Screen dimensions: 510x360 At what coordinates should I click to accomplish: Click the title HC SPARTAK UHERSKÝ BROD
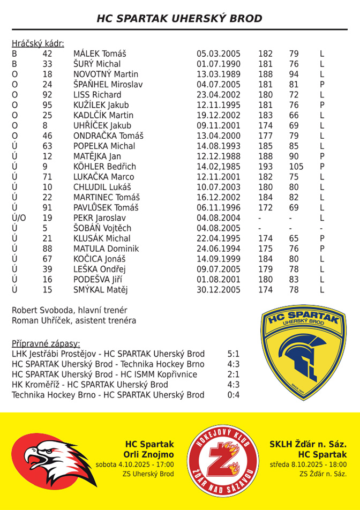[x=179, y=19]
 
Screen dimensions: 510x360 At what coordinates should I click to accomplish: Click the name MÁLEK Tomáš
[x=100, y=54]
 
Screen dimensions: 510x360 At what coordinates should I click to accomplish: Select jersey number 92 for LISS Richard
[x=48, y=95]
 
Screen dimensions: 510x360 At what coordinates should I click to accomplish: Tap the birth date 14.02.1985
[x=219, y=167]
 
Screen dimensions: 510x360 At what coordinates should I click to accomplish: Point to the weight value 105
[x=296, y=167]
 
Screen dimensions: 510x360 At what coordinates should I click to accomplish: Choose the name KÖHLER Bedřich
[x=104, y=167]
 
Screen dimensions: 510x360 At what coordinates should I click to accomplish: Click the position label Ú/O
[x=19, y=218]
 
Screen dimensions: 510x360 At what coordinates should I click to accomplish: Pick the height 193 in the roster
[x=265, y=167]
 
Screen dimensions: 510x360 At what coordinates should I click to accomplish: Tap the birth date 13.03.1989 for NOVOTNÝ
[x=219, y=74]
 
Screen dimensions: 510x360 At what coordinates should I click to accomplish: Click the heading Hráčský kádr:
[x=38, y=43]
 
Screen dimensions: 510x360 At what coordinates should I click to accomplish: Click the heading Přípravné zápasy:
[x=46, y=343]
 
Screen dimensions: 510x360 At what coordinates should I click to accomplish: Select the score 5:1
[x=234, y=354]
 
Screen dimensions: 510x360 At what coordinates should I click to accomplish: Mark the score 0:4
[x=234, y=395]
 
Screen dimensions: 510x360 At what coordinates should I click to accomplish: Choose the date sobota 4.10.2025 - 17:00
[x=134, y=464]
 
